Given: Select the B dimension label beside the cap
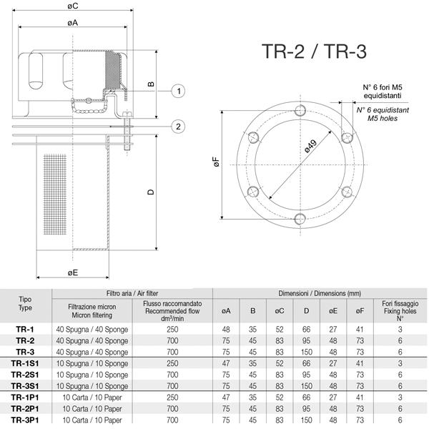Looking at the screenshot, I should (151, 84).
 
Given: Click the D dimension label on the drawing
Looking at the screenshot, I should (151, 192).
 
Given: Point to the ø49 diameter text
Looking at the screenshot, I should (309, 147).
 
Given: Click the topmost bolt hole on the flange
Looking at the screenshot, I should (299, 110).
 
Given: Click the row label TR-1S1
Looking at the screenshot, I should (26, 363).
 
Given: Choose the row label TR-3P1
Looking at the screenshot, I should (26, 420).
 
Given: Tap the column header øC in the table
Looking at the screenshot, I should (279, 311).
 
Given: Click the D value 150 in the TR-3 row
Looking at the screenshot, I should (306, 352).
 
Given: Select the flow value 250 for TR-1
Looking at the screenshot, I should (172, 329).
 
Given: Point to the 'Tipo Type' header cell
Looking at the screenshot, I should (26, 303).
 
